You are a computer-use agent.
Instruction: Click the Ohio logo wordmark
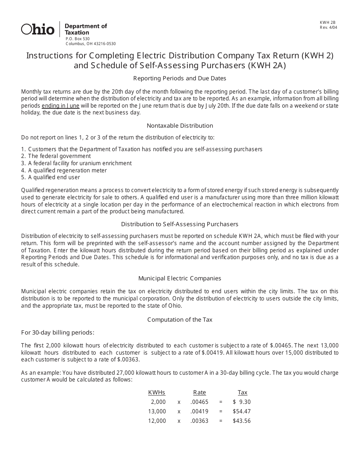click(38, 29)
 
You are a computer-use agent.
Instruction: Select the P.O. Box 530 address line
click(78, 39)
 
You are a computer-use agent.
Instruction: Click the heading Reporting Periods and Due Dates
click(180, 78)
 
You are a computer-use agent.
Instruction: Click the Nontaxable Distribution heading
click(180, 125)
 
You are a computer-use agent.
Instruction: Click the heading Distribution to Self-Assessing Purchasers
click(180, 224)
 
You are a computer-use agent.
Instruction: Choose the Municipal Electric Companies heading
click(180, 278)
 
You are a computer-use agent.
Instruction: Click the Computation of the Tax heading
click(180, 320)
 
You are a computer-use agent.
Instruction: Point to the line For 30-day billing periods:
click(58, 333)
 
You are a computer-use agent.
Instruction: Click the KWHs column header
click(157, 393)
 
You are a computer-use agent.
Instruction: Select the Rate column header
click(199, 393)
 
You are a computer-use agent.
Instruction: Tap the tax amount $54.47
click(242, 411)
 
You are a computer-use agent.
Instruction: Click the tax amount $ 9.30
click(242, 402)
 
